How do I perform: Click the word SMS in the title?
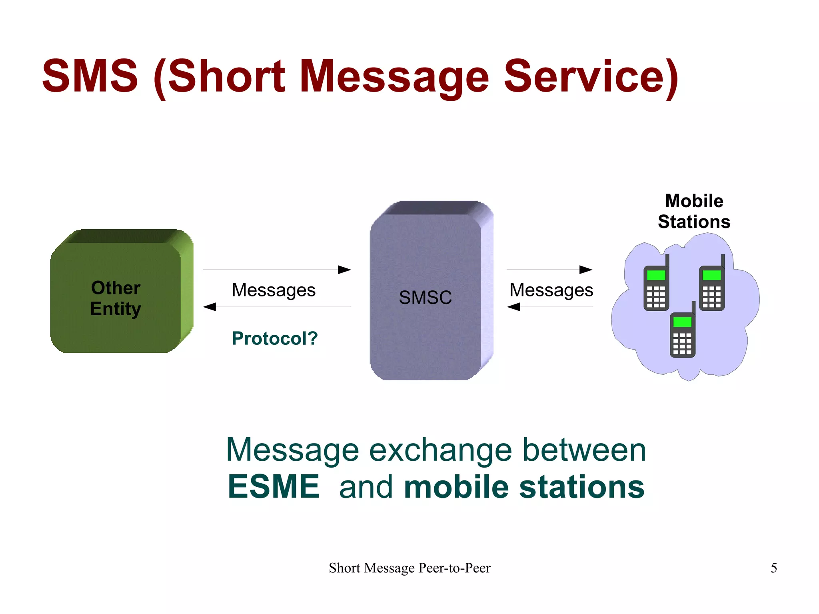(90, 76)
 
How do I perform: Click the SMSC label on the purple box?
(425, 298)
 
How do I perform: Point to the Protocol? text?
(275, 338)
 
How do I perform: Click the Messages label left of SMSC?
(274, 290)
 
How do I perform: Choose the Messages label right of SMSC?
(551, 290)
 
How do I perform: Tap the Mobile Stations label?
(694, 211)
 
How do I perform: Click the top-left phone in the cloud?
(656, 286)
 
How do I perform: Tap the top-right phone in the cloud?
(712, 286)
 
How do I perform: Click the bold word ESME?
(274, 487)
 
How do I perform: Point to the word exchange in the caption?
(440, 450)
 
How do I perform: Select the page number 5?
(774, 568)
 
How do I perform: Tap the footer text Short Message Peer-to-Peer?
(409, 568)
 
